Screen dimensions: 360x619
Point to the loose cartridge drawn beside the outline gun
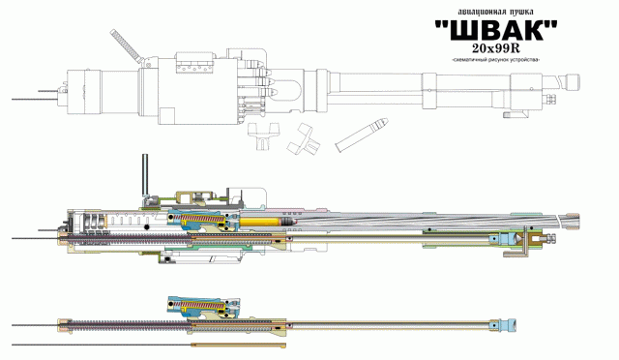pyautogui.click(x=362, y=135)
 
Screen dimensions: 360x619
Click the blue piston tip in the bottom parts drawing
pyautogui.click(x=510, y=321)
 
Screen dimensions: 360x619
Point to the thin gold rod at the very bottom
pyautogui.click(x=242, y=345)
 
